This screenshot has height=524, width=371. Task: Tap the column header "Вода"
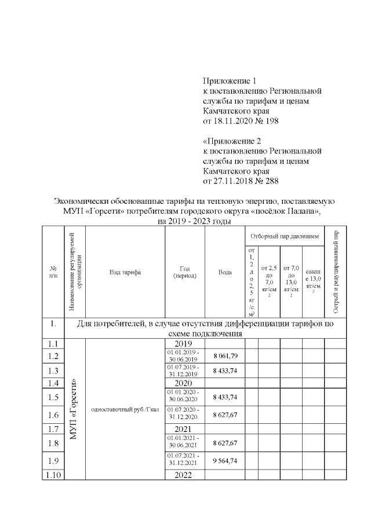point(225,272)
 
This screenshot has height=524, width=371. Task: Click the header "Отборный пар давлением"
point(284,237)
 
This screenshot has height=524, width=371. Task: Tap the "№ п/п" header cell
point(53,272)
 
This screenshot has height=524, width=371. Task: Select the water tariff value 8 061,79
point(225,355)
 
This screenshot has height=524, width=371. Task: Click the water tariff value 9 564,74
point(225,460)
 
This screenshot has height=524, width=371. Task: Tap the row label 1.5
point(53,397)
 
